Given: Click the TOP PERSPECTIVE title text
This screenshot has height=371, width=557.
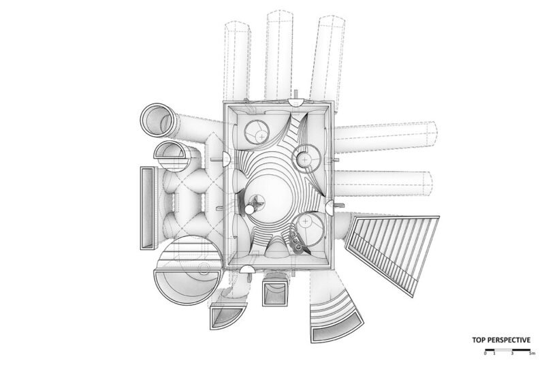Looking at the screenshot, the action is click(501, 340).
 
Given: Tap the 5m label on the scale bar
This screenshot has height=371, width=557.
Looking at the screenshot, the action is click(532, 353).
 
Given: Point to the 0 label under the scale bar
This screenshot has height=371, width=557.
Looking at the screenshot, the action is click(486, 353).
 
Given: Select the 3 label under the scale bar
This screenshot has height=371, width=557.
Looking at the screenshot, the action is click(512, 353).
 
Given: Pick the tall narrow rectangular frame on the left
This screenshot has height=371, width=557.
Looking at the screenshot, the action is click(147, 208).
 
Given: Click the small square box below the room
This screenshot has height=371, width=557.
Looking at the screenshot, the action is click(274, 293).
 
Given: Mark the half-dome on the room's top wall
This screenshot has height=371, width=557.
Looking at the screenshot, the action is click(296, 102).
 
